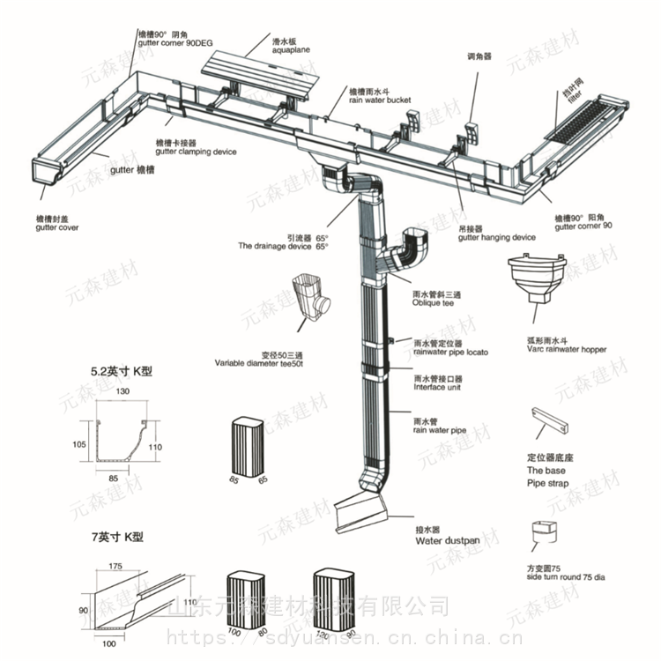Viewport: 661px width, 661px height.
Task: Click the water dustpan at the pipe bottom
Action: click(363, 511)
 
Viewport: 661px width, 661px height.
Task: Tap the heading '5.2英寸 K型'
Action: click(122, 371)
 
